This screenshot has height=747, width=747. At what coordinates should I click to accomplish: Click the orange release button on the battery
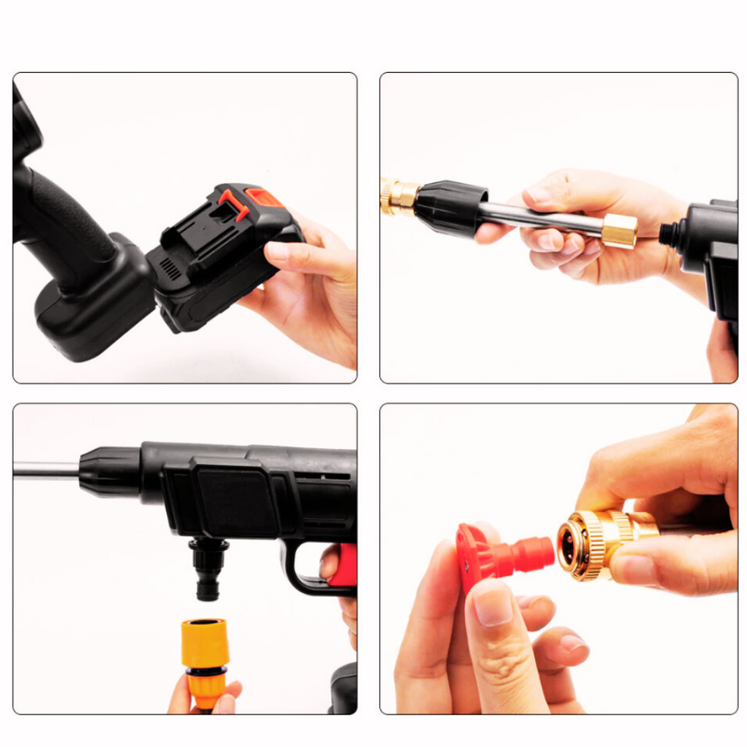[261, 198]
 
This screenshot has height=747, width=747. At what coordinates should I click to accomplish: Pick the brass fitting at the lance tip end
[400, 195]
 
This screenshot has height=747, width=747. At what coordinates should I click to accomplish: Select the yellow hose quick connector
[204, 654]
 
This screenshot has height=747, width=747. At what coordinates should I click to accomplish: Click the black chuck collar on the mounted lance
[109, 471]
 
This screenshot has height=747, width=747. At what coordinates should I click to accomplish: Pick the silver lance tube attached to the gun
[47, 470]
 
